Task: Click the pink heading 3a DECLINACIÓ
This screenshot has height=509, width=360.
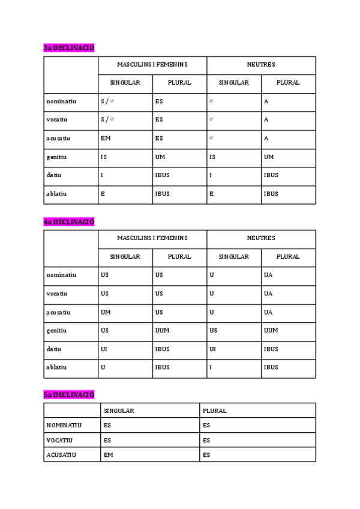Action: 69,48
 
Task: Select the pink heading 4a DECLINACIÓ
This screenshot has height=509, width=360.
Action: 69,222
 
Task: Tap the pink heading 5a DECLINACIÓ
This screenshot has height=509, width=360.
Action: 69,394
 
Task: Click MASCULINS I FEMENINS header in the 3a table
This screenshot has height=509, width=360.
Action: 152,64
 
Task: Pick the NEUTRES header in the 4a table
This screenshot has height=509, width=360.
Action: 261,238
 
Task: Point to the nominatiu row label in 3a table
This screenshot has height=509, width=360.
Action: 61,101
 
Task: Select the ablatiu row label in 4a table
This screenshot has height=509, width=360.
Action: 56,367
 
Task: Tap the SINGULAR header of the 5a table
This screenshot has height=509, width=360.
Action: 119,411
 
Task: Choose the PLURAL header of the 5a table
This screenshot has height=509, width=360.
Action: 215,411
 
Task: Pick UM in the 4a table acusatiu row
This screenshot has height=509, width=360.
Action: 106,312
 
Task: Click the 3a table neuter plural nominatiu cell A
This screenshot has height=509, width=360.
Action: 266,101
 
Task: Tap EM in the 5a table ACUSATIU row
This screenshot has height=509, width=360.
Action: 108,455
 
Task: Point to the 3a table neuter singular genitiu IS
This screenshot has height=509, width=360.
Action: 212,157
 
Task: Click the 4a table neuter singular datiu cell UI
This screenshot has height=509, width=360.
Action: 212,349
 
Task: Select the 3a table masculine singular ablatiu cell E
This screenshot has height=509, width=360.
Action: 103,194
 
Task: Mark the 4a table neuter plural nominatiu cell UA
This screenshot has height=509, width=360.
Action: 268,275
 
